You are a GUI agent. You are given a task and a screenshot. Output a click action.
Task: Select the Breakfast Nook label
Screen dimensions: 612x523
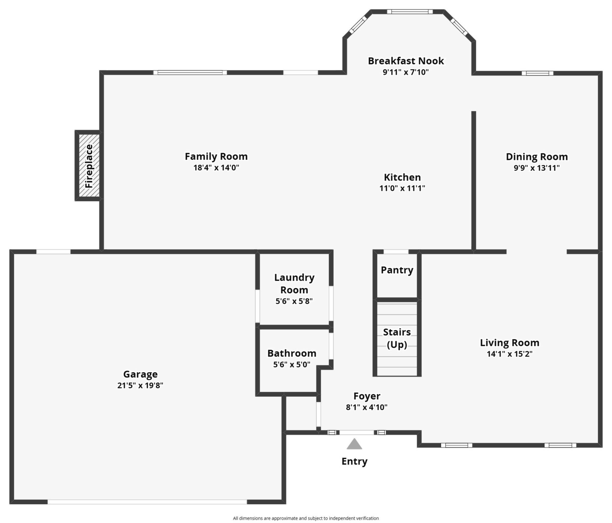click(406, 61)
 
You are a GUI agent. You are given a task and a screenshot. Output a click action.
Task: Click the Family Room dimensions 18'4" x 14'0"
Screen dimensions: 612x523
click(216, 167)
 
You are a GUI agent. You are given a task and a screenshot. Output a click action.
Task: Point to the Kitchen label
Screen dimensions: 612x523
click(402, 177)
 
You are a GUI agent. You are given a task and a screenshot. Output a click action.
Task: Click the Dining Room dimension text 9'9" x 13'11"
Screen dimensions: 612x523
click(537, 168)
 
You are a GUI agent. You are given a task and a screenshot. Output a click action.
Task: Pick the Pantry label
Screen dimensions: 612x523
click(397, 270)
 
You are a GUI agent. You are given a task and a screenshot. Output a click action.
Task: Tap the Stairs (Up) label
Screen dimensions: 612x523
click(397, 338)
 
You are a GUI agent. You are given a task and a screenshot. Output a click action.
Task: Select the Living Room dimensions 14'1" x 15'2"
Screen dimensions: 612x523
click(510, 354)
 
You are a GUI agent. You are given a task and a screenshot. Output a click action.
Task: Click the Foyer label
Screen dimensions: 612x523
click(367, 396)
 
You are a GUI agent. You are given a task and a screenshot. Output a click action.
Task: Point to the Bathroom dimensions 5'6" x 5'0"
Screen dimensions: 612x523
click(292, 365)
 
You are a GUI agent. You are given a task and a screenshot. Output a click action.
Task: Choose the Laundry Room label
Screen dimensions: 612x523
click(294, 284)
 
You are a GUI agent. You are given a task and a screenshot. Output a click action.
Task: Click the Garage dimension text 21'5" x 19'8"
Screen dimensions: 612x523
click(140, 385)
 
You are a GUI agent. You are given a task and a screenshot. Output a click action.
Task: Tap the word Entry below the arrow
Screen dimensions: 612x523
click(355, 461)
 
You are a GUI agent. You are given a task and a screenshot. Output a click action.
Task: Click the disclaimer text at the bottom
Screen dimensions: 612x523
click(306, 518)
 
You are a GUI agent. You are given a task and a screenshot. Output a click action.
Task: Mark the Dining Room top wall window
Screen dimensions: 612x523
click(537, 73)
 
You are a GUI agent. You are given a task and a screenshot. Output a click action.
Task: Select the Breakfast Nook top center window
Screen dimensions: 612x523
click(410, 12)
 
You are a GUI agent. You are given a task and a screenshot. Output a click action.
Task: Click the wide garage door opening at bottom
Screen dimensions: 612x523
click(147, 502)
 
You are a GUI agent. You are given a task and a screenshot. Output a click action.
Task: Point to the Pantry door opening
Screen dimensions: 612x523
click(396, 252)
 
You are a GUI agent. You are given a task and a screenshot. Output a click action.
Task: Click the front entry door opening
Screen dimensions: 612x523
click(357, 432)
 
